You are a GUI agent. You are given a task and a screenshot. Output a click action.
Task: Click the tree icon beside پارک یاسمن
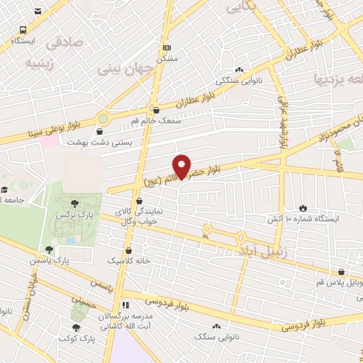tap(48, 249)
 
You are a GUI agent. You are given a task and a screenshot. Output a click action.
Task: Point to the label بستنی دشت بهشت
tap(99, 142)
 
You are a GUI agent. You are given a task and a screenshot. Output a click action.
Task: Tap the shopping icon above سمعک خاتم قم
tap(157, 110)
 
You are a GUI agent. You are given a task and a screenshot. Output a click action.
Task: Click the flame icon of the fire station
tap(303, 208)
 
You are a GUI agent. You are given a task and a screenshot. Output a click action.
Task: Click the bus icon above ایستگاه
tap(23, 30)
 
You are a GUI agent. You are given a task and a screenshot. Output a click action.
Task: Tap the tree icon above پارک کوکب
tap(76, 327)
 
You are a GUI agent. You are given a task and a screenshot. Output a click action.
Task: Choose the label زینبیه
tap(40, 62)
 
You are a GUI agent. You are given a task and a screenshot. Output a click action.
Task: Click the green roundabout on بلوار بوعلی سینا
tap(104, 119)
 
